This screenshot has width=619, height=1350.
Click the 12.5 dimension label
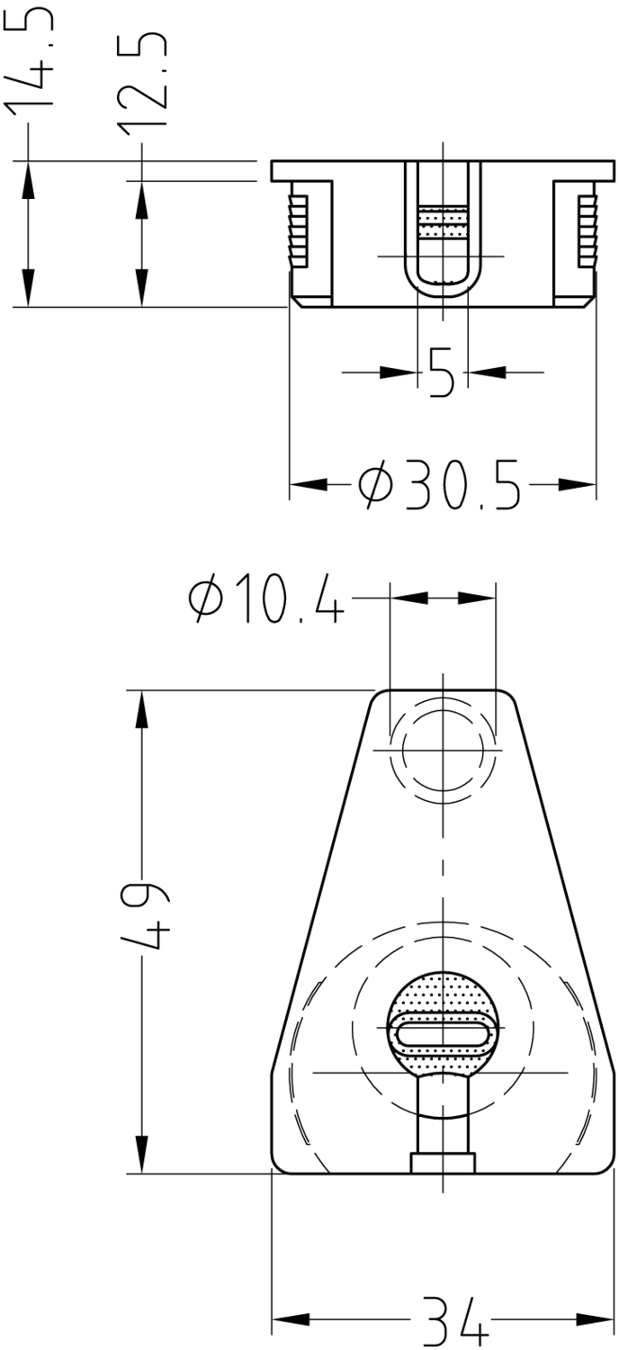pyautogui.click(x=142, y=79)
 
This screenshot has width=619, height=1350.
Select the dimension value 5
pyautogui.click(x=442, y=373)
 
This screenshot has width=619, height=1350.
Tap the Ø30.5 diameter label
pyautogui.click(x=439, y=484)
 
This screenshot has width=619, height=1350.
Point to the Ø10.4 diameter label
pyautogui.click(x=266, y=598)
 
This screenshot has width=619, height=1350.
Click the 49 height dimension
pyautogui.click(x=143, y=917)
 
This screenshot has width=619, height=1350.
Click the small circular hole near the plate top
pyautogui.click(x=443, y=751)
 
